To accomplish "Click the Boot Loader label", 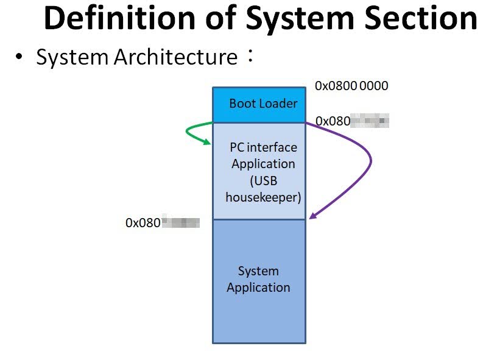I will [263, 104].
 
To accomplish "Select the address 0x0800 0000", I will [351, 86].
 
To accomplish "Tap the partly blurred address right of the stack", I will [352, 121].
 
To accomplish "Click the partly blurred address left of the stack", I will [163, 223].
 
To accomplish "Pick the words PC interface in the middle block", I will [263, 147].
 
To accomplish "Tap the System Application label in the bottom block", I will [258, 280].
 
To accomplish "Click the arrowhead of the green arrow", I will [207, 143].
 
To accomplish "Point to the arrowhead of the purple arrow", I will [312, 216].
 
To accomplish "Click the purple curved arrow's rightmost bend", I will [370, 161].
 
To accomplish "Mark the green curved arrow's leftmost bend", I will [185, 131].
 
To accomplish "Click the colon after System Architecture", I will [249, 57].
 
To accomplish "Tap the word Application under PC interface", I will [263, 164].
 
